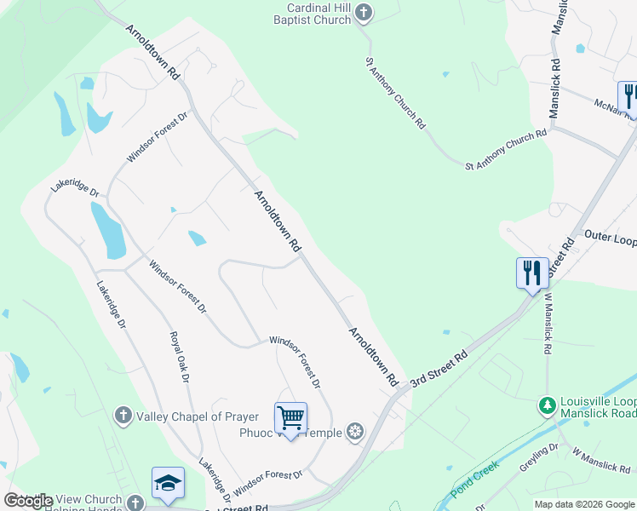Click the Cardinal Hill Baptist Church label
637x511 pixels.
click(x=318, y=14)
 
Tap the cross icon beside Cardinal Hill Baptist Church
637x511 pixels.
click(x=364, y=12)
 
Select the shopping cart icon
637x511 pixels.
click(x=290, y=418)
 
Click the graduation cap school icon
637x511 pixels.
click(x=168, y=482)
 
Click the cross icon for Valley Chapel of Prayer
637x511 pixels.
click(x=123, y=416)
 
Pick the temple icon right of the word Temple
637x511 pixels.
click(x=355, y=433)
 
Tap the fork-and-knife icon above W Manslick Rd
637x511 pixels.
click(x=532, y=273)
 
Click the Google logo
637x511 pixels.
click(x=28, y=501)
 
